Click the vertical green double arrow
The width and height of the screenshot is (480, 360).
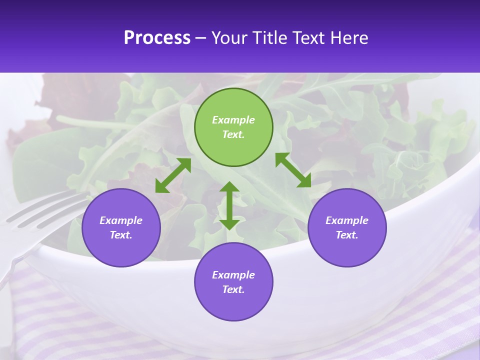coord(229,205)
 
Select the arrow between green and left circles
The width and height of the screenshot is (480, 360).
coord(173,175)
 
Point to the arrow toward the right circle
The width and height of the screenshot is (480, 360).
coord(293,170)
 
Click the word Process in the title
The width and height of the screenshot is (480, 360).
coord(157,37)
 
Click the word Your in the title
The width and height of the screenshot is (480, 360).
coord(230,37)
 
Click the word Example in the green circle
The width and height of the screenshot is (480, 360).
coord(233,120)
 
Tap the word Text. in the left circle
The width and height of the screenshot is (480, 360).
coord(121,235)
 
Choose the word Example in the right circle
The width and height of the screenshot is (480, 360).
coord(347,220)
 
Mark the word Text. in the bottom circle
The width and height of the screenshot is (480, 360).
coord(233,289)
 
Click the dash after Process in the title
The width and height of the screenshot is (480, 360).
coord(200,38)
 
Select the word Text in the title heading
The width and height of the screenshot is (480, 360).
coord(309,37)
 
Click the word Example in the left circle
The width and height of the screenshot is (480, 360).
coord(121,220)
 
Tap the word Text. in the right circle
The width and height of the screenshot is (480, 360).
coord(347,235)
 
